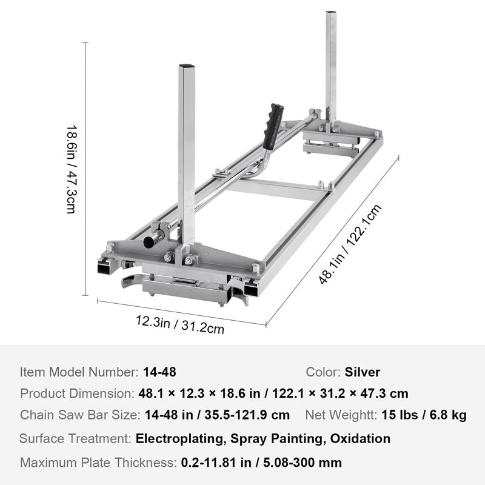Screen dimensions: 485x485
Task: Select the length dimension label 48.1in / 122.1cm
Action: click(351, 244)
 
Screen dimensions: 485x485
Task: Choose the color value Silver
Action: click(363, 372)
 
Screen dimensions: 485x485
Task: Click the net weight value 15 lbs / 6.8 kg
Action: click(424, 415)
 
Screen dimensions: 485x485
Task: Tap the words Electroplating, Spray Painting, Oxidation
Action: click(263, 438)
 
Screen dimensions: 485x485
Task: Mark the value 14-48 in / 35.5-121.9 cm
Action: click(217, 415)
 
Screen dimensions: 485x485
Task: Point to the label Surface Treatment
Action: click(75, 438)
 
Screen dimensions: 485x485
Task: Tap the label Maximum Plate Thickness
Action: click(98, 462)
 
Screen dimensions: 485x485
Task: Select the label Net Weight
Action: click(340, 415)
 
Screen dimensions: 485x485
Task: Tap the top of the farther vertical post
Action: click(331, 15)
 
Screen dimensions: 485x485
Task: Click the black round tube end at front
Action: click(149, 242)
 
